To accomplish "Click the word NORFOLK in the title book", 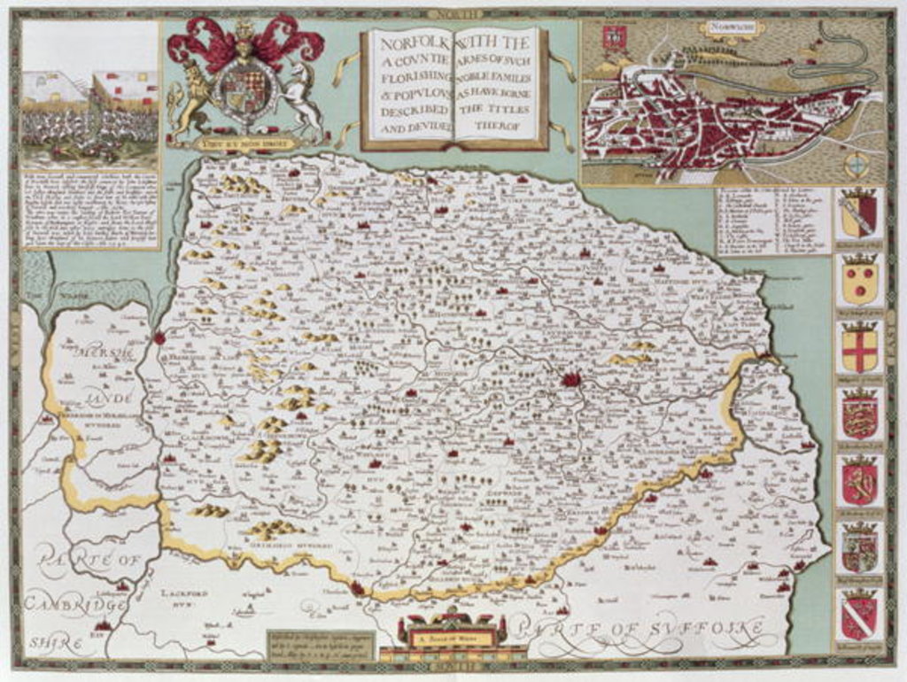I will [408, 43].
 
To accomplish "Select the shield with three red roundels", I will [859, 282].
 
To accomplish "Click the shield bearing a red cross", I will [859, 348].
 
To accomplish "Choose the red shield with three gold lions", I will [859, 415].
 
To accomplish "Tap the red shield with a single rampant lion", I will [859, 483].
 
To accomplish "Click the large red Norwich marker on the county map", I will [570, 380].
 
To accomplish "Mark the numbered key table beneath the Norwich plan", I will [773, 221].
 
